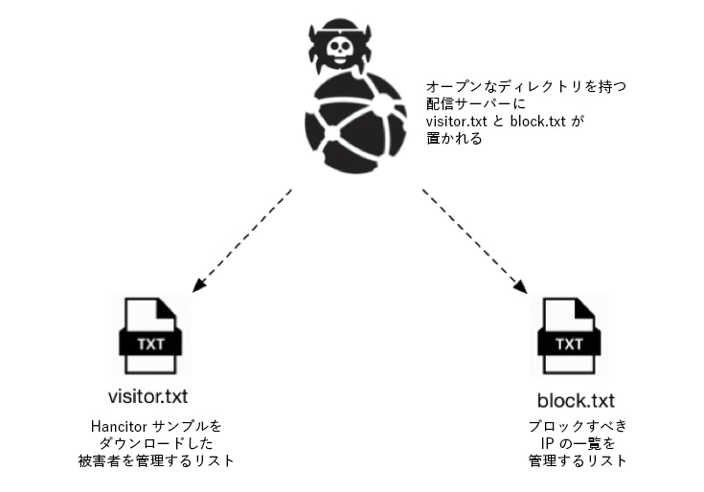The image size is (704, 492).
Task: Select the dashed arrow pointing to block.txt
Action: (x=474, y=239)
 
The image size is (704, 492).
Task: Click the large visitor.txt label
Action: (x=148, y=394)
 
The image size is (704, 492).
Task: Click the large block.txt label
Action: (x=576, y=399)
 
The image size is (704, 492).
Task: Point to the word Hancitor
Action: (x=111, y=424)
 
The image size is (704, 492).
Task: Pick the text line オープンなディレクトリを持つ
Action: (x=526, y=87)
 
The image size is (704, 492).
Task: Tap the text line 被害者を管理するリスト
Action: (x=156, y=460)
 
